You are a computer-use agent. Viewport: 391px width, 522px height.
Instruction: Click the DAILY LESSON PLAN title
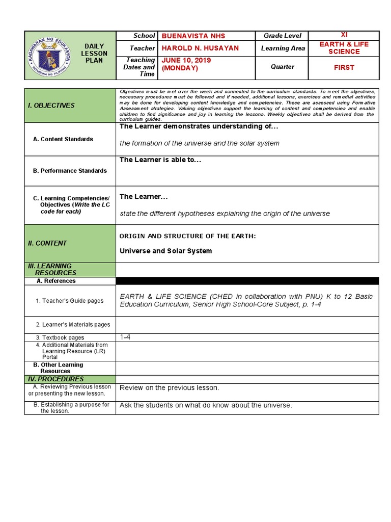96,54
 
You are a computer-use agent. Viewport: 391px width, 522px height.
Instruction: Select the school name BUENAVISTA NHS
193,36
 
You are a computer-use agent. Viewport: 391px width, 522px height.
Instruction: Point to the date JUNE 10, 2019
186,60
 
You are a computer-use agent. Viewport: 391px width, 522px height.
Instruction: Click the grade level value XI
344,35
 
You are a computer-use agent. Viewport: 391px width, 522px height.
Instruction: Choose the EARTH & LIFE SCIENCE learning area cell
344,48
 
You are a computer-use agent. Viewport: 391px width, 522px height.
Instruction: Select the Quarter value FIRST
344,67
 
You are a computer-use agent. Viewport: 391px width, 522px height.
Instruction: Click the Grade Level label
282,36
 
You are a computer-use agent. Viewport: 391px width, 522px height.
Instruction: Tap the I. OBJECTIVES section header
51,106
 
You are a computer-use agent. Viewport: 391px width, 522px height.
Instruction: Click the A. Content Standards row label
63,139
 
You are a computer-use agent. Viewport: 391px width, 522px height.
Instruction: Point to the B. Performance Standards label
70,171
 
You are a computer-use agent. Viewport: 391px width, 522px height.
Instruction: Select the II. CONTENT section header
47,243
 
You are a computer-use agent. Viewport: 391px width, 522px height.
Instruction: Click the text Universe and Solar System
165,251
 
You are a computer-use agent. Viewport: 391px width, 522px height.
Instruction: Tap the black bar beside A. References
247,281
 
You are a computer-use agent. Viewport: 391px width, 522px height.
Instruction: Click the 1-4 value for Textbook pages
125,337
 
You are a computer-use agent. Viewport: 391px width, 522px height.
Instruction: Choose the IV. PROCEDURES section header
56,379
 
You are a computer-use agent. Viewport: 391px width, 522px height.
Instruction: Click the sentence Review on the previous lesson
169,388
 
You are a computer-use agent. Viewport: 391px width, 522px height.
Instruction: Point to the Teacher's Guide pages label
70,301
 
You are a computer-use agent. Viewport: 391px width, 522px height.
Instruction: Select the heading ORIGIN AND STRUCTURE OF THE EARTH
187,236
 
